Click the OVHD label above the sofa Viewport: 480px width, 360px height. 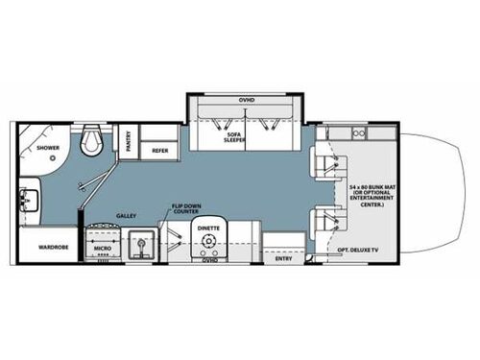click(x=247, y=100)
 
